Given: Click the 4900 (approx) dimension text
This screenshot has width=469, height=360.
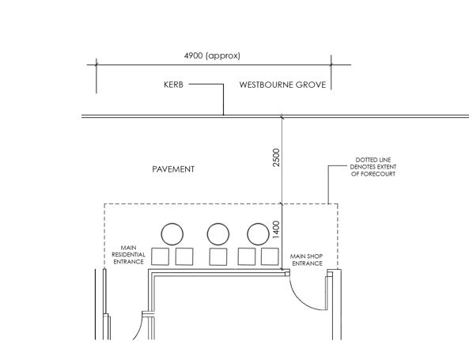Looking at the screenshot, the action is tap(212, 55).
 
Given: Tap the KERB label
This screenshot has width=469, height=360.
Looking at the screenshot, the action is tap(173, 85).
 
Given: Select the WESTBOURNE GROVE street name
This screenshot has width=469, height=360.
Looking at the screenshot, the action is tap(282, 85).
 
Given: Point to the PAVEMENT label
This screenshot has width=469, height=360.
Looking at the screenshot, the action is tap(173, 169).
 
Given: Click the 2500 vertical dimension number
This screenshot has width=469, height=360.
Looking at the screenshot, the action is tap(276, 157).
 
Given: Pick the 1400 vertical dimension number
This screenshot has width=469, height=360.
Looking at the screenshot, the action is tap(276, 229).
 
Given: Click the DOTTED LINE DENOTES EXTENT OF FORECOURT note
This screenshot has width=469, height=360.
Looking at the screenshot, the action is tap(373, 167).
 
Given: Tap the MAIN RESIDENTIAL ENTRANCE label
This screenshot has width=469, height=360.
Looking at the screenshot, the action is tap(128, 255).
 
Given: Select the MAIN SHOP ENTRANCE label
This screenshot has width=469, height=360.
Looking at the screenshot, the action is tap(307, 260).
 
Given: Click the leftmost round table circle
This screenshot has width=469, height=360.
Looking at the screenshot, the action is tap(172, 223).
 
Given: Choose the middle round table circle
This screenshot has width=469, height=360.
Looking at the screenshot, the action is tap(218, 223).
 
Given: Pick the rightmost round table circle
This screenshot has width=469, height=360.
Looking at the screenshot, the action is tap(258, 223).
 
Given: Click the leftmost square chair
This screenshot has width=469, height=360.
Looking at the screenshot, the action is tap(160, 256).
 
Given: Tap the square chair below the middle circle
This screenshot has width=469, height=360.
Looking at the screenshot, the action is tap(218, 257).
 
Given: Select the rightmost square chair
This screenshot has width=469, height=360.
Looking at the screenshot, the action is tap(270, 256).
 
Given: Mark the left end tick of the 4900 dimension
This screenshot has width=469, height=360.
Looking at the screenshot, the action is tap(96, 65).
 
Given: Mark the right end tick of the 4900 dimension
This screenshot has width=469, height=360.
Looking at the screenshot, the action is tap(331, 65).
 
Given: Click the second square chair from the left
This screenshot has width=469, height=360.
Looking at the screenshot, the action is tap(184, 256).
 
